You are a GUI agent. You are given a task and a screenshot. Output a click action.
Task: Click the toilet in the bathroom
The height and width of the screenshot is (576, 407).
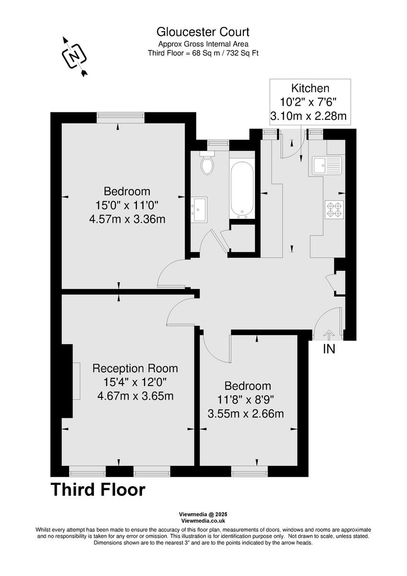(207, 165)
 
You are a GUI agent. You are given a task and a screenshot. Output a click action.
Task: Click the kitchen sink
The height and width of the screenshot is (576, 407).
(326, 165)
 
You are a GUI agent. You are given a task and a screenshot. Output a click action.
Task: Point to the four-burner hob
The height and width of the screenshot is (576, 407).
(334, 209)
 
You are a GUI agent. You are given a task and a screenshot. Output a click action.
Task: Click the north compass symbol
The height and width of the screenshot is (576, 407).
(74, 56)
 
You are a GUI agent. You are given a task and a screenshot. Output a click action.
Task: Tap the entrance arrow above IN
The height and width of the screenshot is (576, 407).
(329, 334)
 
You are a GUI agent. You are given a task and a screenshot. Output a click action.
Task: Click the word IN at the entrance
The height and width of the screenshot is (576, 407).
(329, 349)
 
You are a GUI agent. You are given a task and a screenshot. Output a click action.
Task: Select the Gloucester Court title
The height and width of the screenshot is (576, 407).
(203, 32)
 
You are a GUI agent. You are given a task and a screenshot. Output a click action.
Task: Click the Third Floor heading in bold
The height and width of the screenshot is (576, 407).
(98, 490)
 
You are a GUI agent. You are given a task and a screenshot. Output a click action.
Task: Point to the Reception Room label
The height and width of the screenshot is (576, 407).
(135, 369)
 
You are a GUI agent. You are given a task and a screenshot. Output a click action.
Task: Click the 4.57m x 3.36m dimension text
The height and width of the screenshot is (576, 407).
(127, 219)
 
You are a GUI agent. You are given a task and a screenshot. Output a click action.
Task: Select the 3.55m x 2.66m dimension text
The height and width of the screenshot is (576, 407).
(246, 413)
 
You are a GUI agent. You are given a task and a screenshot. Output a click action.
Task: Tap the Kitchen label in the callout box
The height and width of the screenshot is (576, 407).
(310, 88)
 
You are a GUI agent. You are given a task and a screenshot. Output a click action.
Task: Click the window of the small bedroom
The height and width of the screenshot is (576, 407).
(249, 472)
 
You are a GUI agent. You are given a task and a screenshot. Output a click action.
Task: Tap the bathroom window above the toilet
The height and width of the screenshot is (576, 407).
(218, 143)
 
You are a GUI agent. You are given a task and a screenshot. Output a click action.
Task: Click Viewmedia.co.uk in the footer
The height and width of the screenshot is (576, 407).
(203, 521)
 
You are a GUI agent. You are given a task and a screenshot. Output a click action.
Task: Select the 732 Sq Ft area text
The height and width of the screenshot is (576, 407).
(241, 53)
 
